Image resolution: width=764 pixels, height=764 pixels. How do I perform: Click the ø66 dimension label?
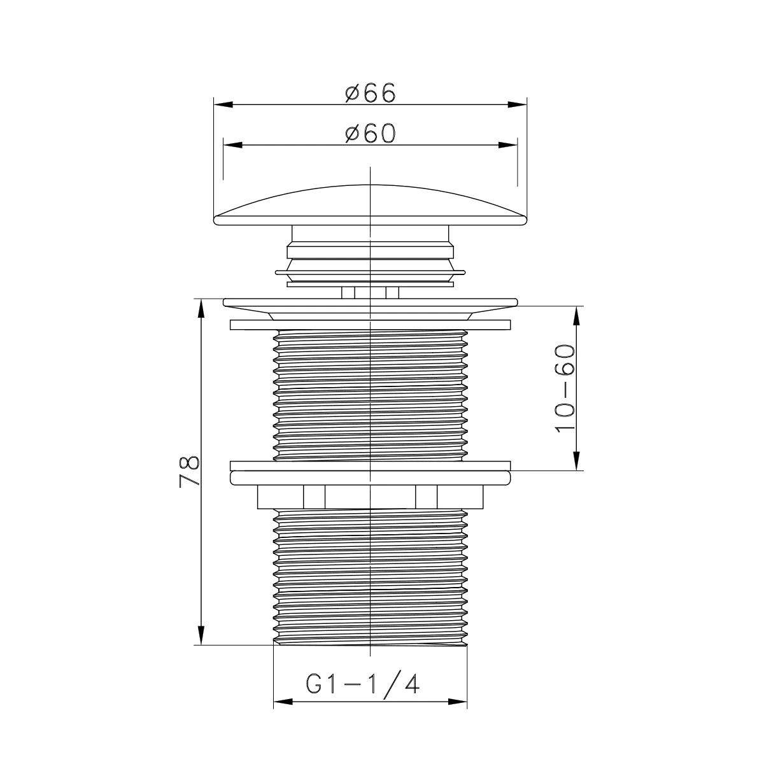[x=371, y=93]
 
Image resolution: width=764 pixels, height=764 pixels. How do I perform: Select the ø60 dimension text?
[x=371, y=133]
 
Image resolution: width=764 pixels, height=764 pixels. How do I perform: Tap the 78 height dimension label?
[x=189, y=472]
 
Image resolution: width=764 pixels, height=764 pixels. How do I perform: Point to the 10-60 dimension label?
[x=565, y=388]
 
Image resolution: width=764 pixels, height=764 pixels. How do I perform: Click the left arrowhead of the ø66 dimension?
[x=223, y=104]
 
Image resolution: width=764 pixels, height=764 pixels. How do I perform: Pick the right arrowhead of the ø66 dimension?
[x=518, y=104]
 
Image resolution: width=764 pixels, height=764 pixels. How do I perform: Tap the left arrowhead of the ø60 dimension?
[x=233, y=145]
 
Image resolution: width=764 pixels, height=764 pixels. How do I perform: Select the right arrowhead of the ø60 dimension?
[x=508, y=145]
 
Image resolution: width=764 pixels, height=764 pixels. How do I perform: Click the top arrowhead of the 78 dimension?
[x=201, y=308]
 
